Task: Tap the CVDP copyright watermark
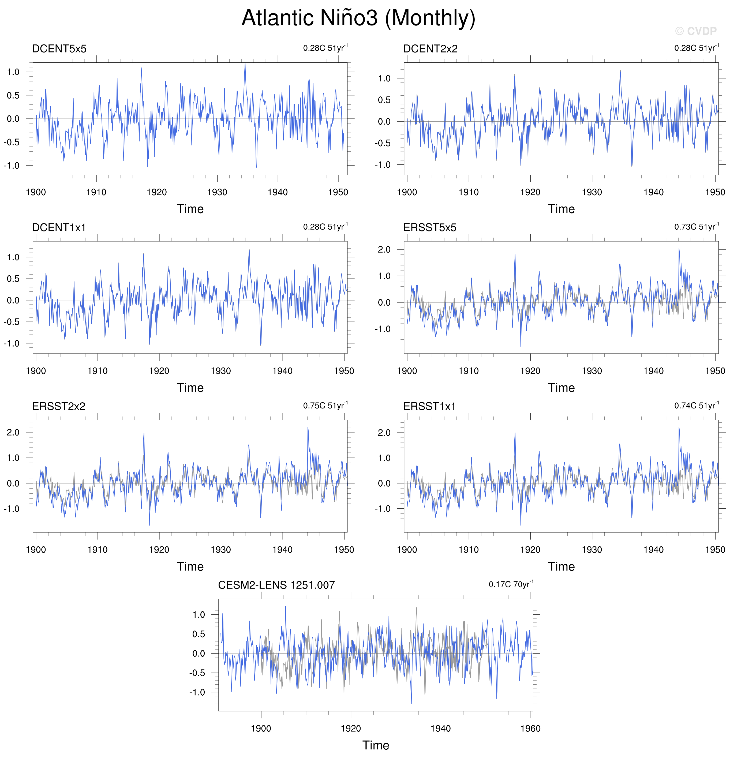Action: (695, 31)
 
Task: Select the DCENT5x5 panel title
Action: (59, 49)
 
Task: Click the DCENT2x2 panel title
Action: (430, 49)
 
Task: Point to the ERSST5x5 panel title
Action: (429, 227)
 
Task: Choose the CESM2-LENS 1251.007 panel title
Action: (276, 585)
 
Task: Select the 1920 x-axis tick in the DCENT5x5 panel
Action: (157, 192)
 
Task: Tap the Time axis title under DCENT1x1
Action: (190, 388)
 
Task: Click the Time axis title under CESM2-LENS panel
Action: (376, 745)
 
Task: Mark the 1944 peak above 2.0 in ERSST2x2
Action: (308, 428)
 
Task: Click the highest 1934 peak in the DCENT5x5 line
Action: (245, 64)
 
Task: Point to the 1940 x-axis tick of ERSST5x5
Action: (653, 371)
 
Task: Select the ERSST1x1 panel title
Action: (429, 406)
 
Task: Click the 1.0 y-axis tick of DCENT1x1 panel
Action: (13, 257)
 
